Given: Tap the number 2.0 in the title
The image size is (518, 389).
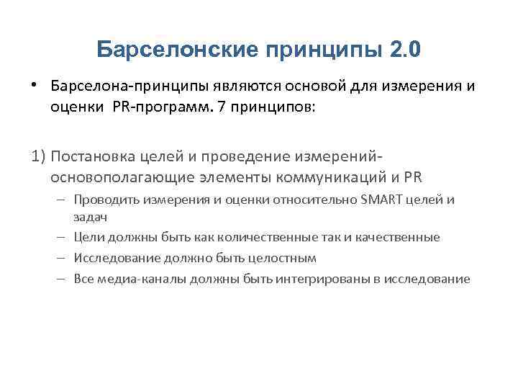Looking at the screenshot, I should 405,50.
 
